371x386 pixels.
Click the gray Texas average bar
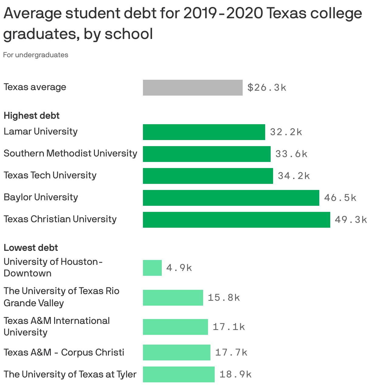coord(192,88)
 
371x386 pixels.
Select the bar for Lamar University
coord(204,132)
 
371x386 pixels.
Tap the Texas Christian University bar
coord(236,220)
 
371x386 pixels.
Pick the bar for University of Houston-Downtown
coord(152,268)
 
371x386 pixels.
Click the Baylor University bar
coord(231,198)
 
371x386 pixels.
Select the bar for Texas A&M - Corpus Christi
coord(176,353)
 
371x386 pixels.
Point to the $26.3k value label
coord(267,88)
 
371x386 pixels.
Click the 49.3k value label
coord(351,220)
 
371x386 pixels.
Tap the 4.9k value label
coord(179,268)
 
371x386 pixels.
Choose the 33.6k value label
coord(291,154)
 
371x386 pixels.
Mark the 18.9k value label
coord(235,374)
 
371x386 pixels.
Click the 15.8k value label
coord(224,298)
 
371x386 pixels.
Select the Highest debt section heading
coord(32,116)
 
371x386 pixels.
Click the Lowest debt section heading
coord(31,248)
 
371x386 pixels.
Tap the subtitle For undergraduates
coord(36,55)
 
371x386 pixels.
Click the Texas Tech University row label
coord(50,175)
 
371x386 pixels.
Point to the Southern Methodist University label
coord(70,153)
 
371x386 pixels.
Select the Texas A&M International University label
coord(57,326)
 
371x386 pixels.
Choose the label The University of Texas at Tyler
coord(70,374)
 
